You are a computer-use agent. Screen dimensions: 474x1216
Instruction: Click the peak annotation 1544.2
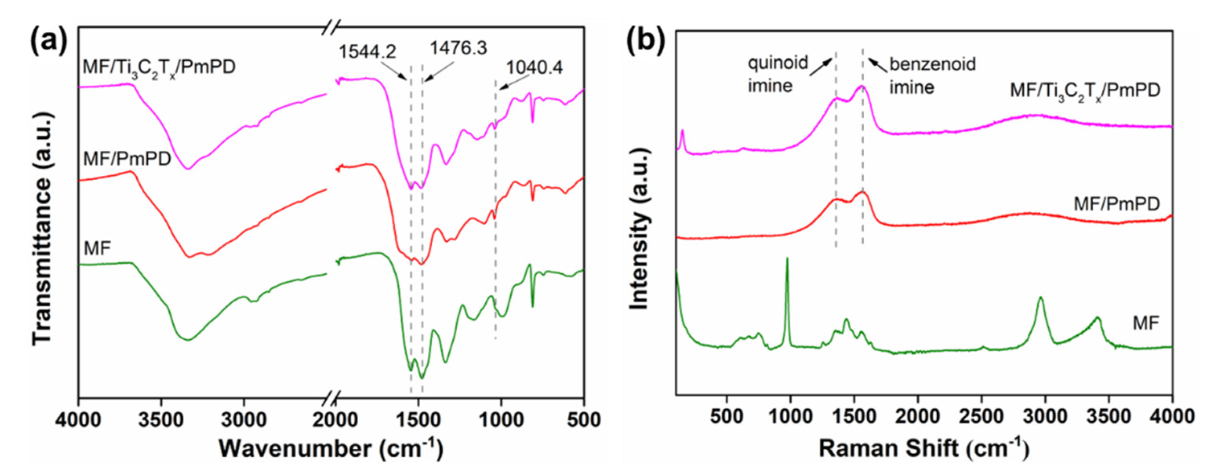click(x=367, y=51)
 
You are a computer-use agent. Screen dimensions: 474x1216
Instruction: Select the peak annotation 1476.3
click(x=458, y=48)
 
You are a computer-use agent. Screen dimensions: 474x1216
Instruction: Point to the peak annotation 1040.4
click(x=534, y=68)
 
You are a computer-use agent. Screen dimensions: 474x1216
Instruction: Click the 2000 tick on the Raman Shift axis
click(x=918, y=417)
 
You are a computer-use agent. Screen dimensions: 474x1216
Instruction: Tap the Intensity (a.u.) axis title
click(x=640, y=229)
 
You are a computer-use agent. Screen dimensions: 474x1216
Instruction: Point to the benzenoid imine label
click(x=932, y=76)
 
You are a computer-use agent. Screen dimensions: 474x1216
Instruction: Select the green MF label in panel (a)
click(x=97, y=248)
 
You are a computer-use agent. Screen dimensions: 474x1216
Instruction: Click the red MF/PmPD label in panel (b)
click(x=1117, y=203)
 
